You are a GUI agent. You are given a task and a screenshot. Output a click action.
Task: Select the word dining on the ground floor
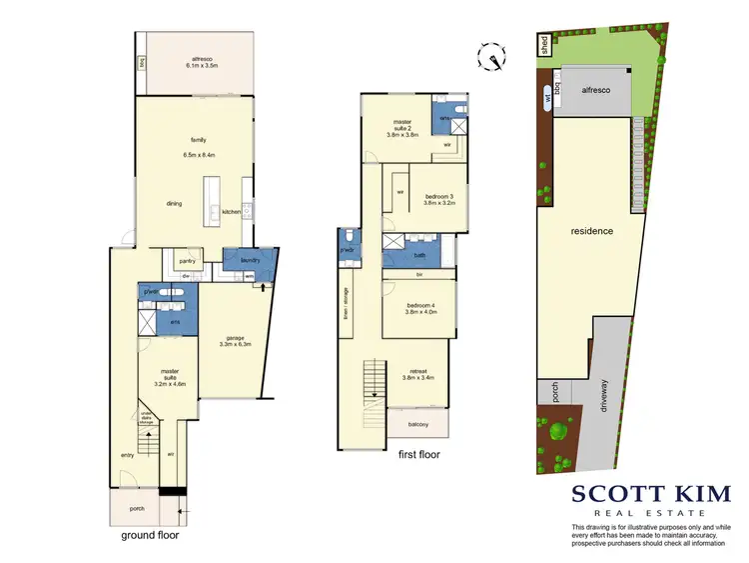tap(174, 204)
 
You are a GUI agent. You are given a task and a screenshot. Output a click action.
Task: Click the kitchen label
tap(231, 212)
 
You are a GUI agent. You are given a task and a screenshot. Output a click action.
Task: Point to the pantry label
tap(186, 262)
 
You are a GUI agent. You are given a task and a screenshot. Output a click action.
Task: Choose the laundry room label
tap(250, 261)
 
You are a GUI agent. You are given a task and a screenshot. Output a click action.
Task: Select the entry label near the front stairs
tap(127, 455)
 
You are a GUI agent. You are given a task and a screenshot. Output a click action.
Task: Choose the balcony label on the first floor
tap(417, 424)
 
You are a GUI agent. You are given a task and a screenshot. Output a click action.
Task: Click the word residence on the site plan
tap(591, 231)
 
